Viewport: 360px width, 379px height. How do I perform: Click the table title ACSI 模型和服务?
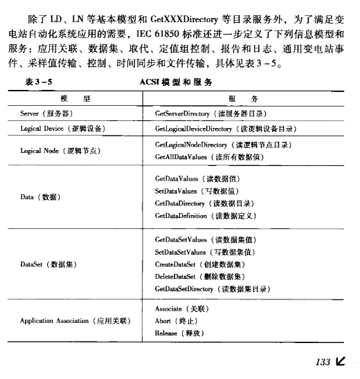[x=176, y=82]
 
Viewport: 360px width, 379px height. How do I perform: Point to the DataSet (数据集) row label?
[x=48, y=264]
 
